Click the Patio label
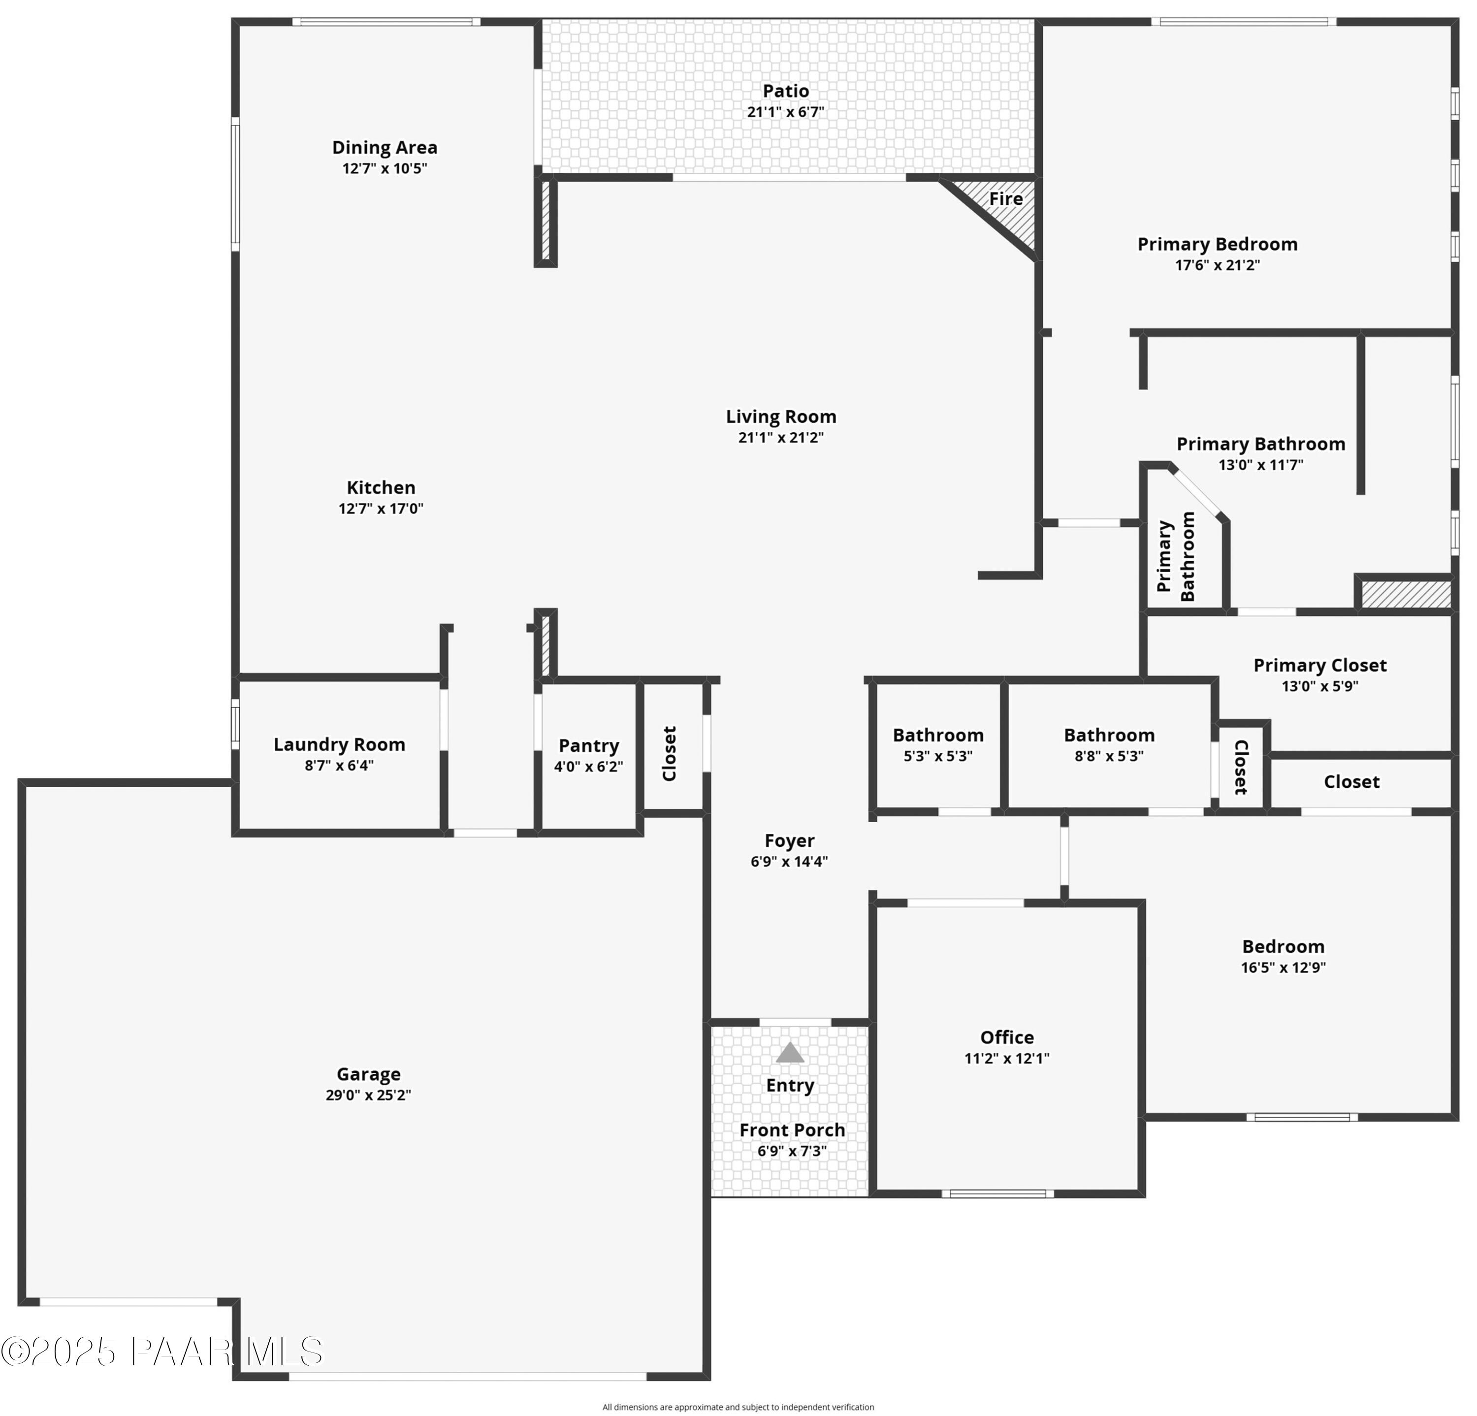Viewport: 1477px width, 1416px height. [x=785, y=91]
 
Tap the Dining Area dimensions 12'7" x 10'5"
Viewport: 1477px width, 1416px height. [x=385, y=168]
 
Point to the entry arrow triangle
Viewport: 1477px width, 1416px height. [x=789, y=1053]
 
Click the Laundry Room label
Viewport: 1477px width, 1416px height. [x=339, y=744]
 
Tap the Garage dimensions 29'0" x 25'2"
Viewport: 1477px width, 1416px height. [x=368, y=1095]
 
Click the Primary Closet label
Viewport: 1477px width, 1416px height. [x=1319, y=666]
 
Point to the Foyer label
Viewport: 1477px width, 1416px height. [x=789, y=841]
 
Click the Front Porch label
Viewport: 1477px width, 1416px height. [x=792, y=1130]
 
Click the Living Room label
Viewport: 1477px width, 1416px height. [x=781, y=417]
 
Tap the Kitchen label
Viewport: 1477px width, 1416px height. [x=381, y=487]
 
